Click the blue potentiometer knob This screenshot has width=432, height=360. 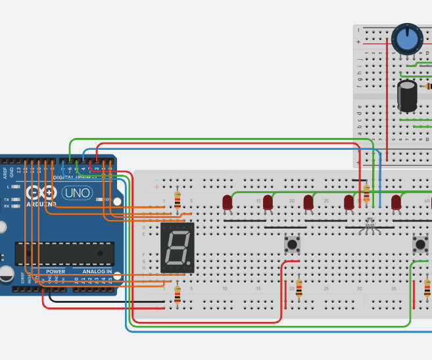pos(408,39)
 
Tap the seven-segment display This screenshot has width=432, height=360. pos(178,248)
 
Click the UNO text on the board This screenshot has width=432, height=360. pos(78,193)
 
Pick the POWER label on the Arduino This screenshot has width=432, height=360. pos(56,271)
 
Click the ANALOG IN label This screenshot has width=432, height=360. pos(97,271)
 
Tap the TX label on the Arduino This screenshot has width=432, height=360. pos(7,199)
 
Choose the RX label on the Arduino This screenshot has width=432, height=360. pos(7,206)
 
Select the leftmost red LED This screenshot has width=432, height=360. pos(228,202)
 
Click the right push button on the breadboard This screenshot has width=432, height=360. pos(420,244)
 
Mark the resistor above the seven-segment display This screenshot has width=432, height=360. pos(177,200)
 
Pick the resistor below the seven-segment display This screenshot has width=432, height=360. pos(177,294)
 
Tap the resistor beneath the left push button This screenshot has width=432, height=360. pos(299,288)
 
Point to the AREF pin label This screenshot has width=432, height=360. pos(5,173)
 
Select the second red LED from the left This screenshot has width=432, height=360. pos(268,202)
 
